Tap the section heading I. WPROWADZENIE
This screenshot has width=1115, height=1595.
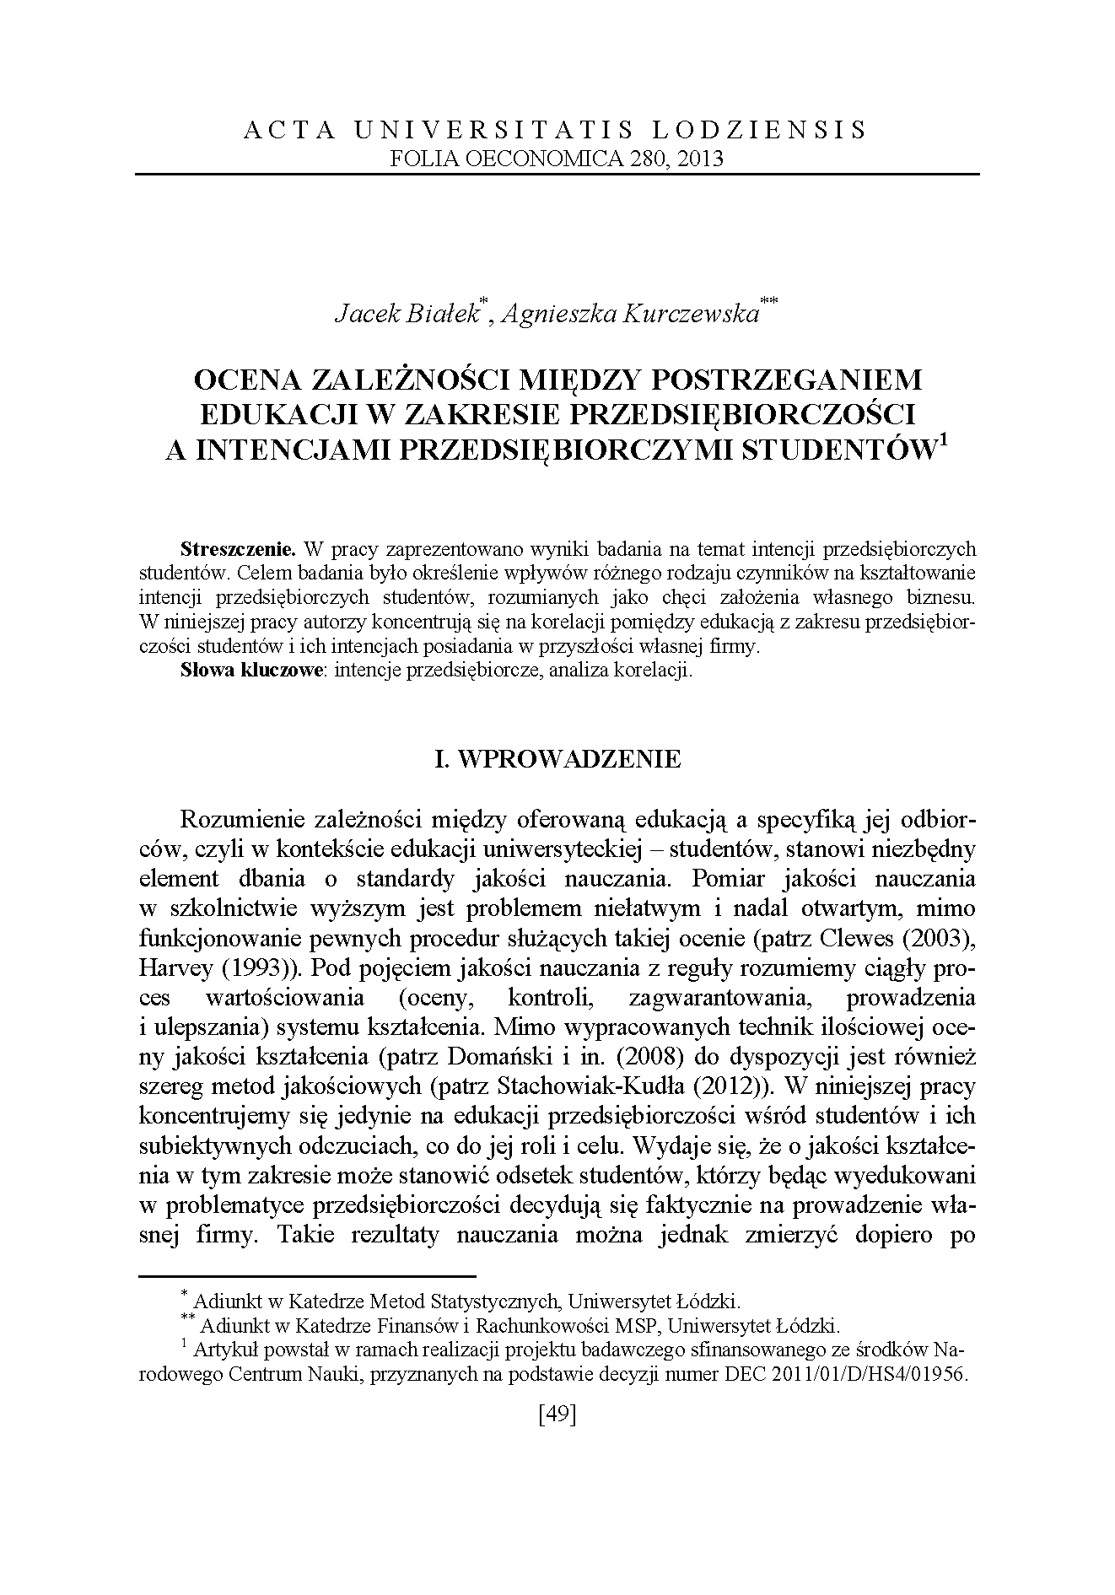pos(557,759)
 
